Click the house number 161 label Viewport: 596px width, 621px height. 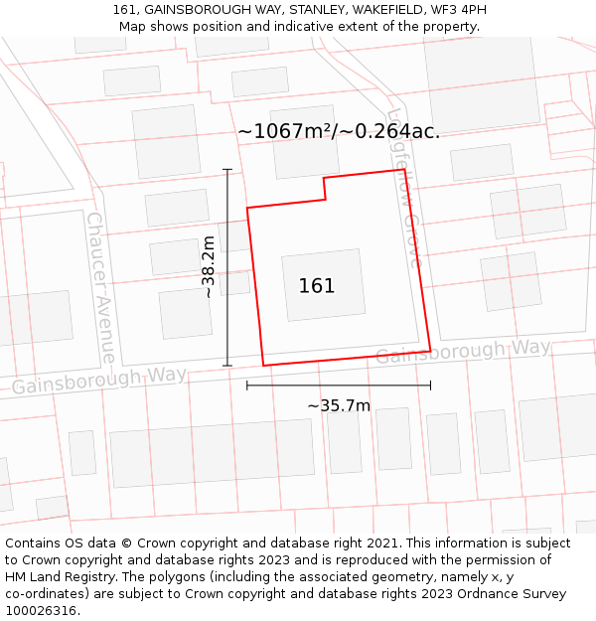[317, 286]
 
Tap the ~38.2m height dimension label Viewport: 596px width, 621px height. [208, 266]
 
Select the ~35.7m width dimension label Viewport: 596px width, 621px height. [339, 405]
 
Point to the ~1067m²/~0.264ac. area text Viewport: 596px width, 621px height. [339, 131]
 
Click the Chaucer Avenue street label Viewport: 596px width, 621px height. [100, 287]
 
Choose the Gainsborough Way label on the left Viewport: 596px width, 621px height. [99, 381]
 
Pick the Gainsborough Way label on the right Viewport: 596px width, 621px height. [463, 351]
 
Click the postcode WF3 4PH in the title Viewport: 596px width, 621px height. [456, 10]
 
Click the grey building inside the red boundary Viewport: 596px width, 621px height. [323, 285]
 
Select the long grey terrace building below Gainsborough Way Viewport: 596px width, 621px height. [212, 452]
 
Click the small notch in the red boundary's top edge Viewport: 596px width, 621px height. [325, 188]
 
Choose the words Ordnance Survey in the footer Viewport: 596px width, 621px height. [519, 593]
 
